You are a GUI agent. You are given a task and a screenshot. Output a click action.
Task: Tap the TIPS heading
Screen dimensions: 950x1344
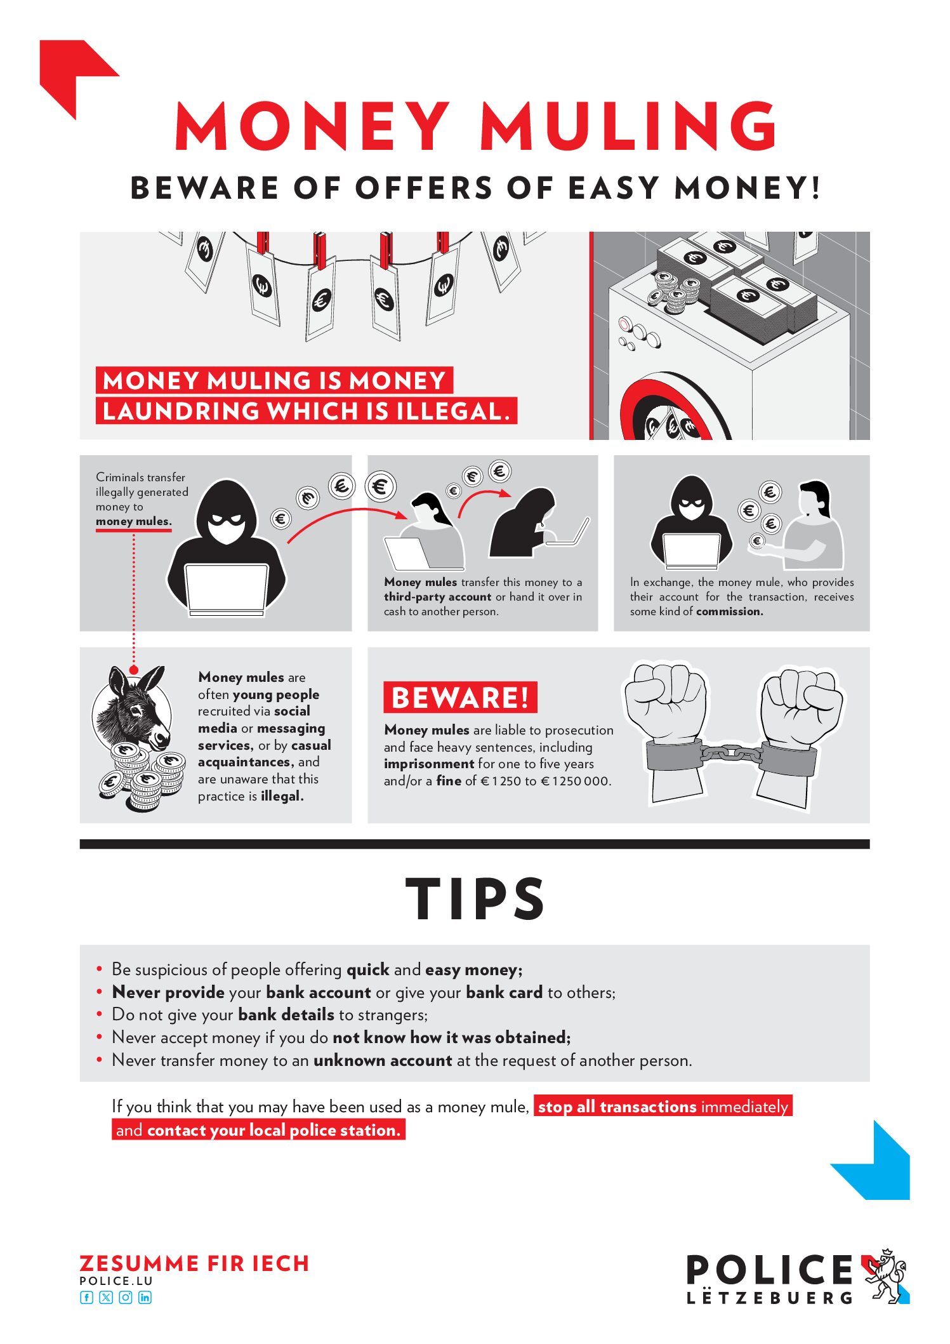pyautogui.click(x=475, y=898)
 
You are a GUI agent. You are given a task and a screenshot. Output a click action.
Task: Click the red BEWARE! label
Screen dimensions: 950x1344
pyautogui.click(x=460, y=698)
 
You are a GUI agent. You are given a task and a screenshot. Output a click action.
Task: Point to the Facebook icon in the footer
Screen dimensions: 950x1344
pyautogui.click(x=86, y=1297)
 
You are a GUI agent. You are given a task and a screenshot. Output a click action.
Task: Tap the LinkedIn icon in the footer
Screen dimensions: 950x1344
pyautogui.click(x=145, y=1297)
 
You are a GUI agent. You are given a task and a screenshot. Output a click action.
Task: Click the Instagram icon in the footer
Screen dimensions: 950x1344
pyautogui.click(x=126, y=1297)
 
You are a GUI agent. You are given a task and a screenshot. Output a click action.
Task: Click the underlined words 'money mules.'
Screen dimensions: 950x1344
pyautogui.click(x=134, y=522)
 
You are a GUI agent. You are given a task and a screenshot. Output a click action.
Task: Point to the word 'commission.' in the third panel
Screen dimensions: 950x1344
pyautogui.click(x=730, y=611)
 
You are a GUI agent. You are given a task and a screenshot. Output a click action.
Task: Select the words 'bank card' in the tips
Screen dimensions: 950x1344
pyautogui.click(x=504, y=992)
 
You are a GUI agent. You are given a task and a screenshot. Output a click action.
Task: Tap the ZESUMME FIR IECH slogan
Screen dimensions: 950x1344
pyautogui.click(x=194, y=1263)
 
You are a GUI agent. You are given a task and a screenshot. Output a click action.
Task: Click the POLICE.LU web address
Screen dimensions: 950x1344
pyautogui.click(x=116, y=1281)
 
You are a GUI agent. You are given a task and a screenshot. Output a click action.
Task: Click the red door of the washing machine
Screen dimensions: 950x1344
pyautogui.click(x=673, y=409)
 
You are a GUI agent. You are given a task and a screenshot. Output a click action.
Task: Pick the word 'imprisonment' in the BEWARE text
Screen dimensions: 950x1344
pyautogui.click(x=429, y=764)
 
